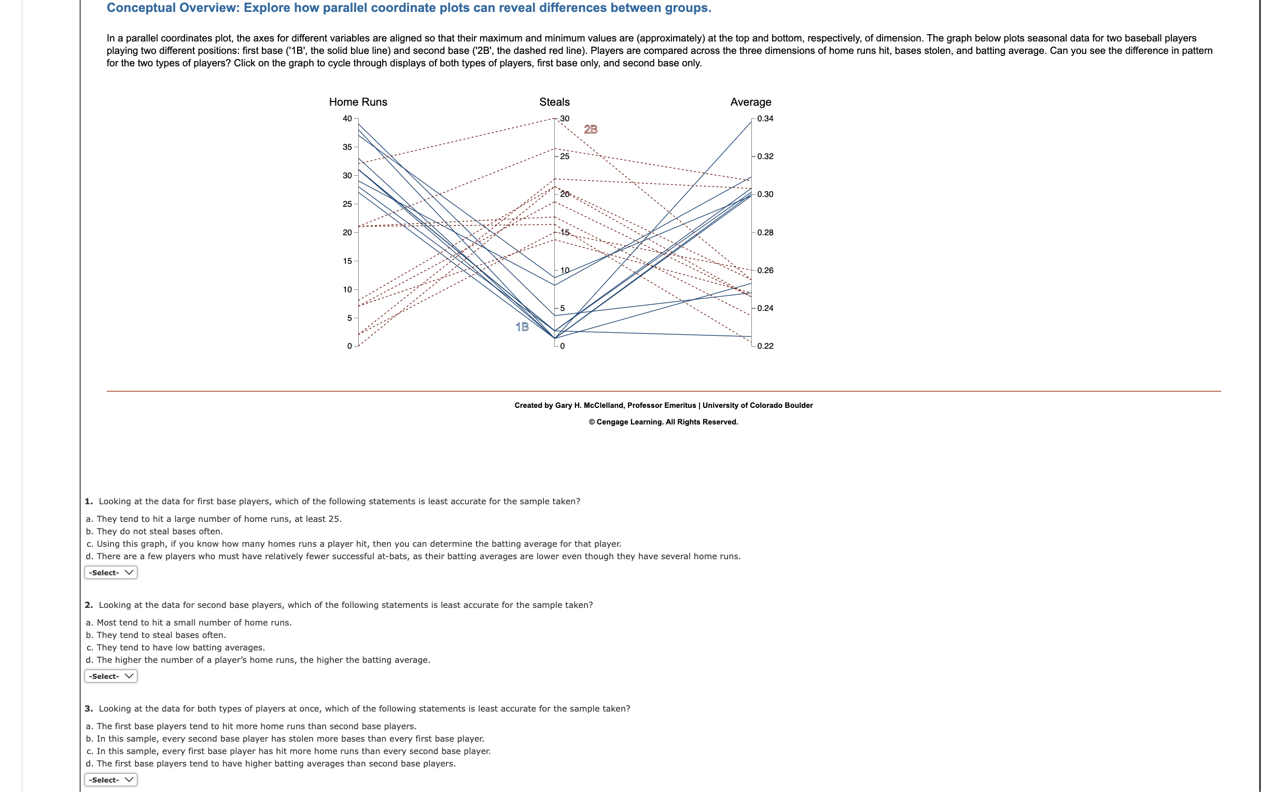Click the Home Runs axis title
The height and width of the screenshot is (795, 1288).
click(358, 102)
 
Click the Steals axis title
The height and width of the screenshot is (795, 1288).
click(554, 102)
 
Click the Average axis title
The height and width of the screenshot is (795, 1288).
click(750, 102)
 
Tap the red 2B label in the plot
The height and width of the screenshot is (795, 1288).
click(590, 130)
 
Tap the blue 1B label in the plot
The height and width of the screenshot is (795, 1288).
click(522, 327)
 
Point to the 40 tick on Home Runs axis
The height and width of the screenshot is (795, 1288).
click(347, 119)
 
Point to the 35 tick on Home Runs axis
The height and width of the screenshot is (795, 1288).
click(347, 147)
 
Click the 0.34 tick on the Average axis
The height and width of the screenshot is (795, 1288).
click(765, 119)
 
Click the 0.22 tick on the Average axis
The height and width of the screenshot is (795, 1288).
click(765, 346)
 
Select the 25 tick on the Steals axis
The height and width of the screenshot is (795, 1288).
click(564, 157)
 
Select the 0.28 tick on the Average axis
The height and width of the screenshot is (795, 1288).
click(765, 232)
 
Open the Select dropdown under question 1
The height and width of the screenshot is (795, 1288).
click(111, 572)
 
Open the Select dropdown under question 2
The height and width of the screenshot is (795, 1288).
click(111, 676)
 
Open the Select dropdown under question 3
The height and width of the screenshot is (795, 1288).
click(111, 779)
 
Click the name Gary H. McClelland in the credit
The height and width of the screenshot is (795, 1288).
click(590, 405)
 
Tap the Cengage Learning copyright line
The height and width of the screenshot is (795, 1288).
click(663, 422)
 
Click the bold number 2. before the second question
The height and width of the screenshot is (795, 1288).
click(88, 605)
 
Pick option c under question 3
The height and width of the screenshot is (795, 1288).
click(288, 751)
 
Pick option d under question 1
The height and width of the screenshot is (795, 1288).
click(413, 556)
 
